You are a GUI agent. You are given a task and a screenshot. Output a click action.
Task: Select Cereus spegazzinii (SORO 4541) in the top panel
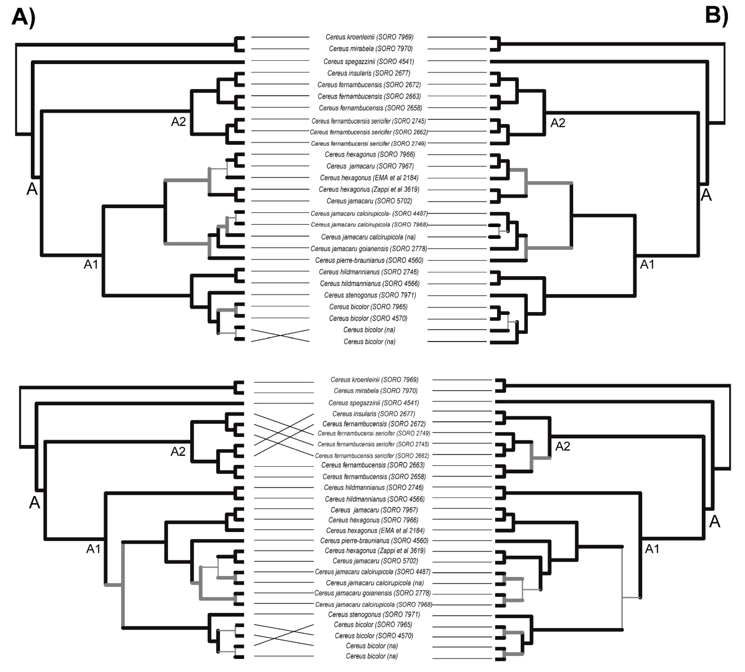(x=368, y=62)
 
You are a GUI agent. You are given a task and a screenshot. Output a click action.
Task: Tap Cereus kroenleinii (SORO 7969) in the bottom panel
(x=374, y=380)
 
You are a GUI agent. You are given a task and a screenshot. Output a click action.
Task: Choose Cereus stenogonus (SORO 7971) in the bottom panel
(x=374, y=614)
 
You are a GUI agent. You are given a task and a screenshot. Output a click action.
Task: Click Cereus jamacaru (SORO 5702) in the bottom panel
(x=375, y=561)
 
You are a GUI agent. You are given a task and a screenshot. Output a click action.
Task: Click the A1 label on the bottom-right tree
(x=652, y=549)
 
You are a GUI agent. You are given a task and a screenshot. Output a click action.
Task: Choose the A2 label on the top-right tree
(x=557, y=123)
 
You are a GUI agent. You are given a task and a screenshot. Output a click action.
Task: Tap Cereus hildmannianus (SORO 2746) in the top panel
(x=368, y=272)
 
